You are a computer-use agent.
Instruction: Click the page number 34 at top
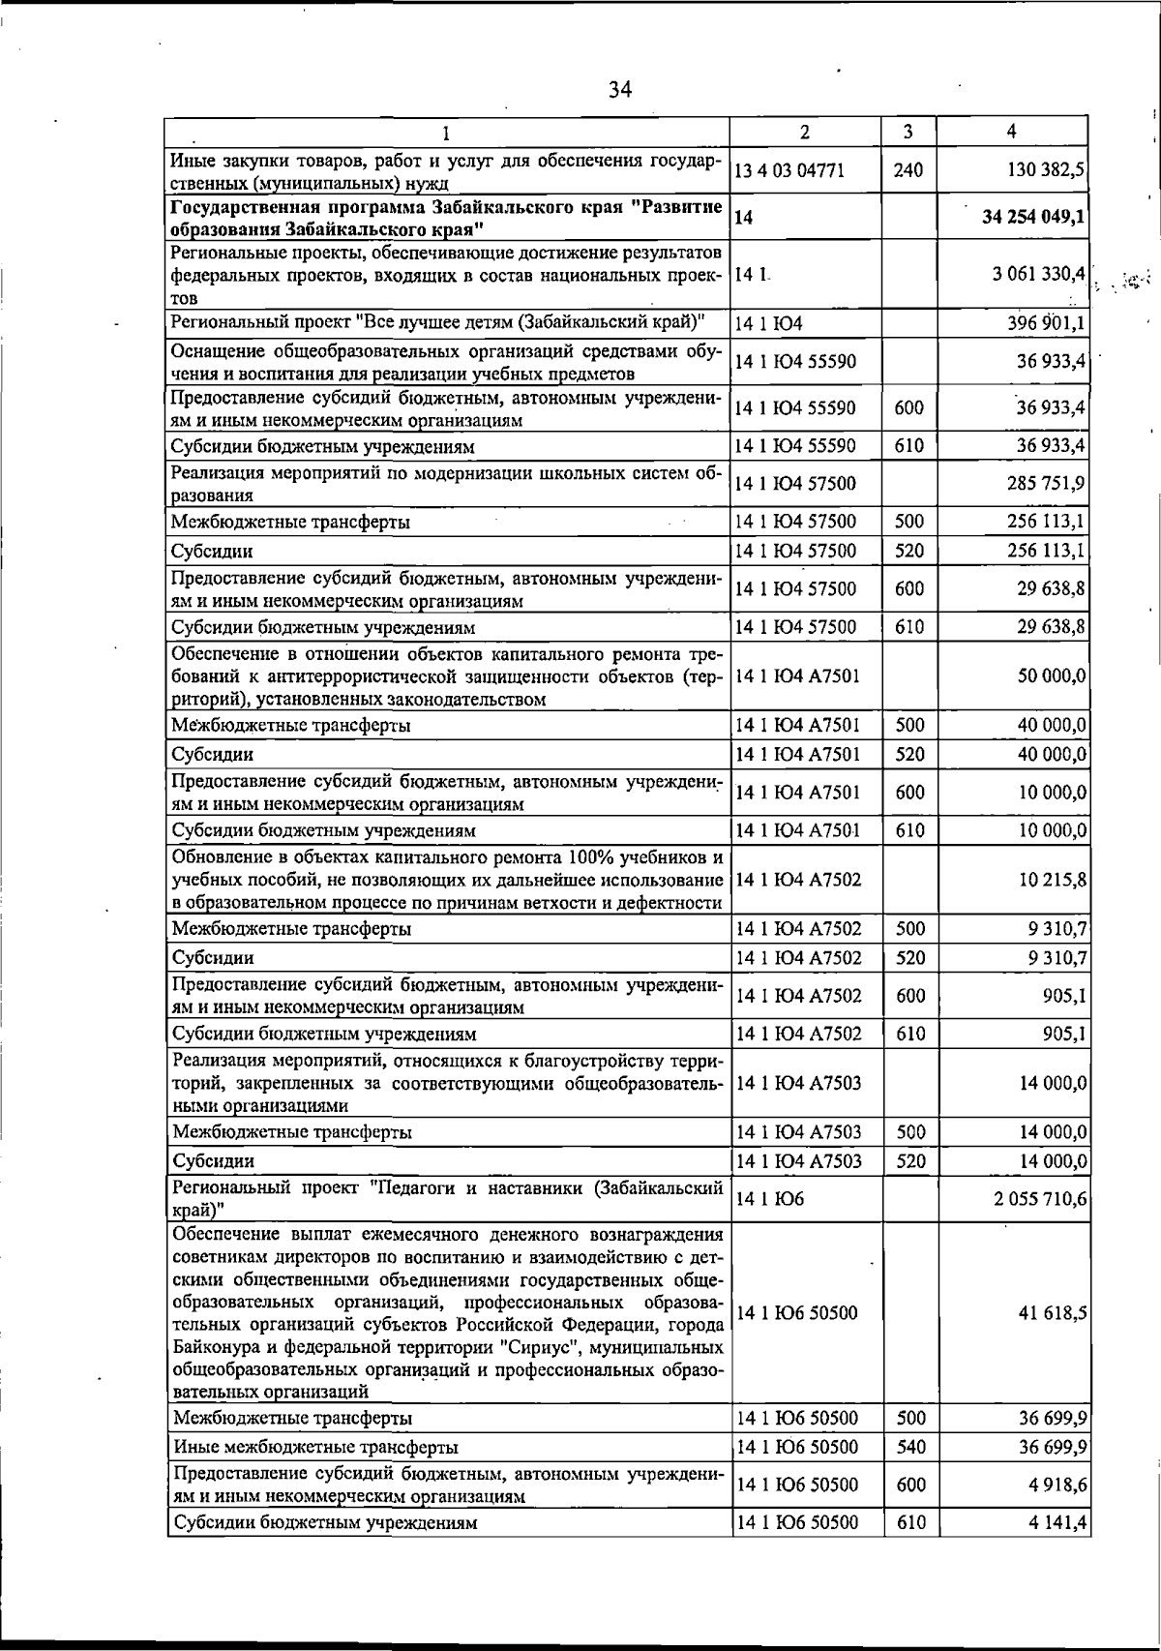(x=620, y=90)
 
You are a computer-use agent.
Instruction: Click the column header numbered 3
(x=908, y=132)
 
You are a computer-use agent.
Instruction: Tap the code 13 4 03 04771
(x=790, y=171)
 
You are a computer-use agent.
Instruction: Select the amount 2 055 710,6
(x=1040, y=1199)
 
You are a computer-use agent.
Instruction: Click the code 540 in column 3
(x=909, y=1447)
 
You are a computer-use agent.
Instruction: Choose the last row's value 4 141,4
(x=1056, y=1522)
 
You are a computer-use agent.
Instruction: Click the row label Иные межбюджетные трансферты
(x=315, y=1448)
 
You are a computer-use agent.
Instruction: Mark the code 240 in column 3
(x=908, y=171)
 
